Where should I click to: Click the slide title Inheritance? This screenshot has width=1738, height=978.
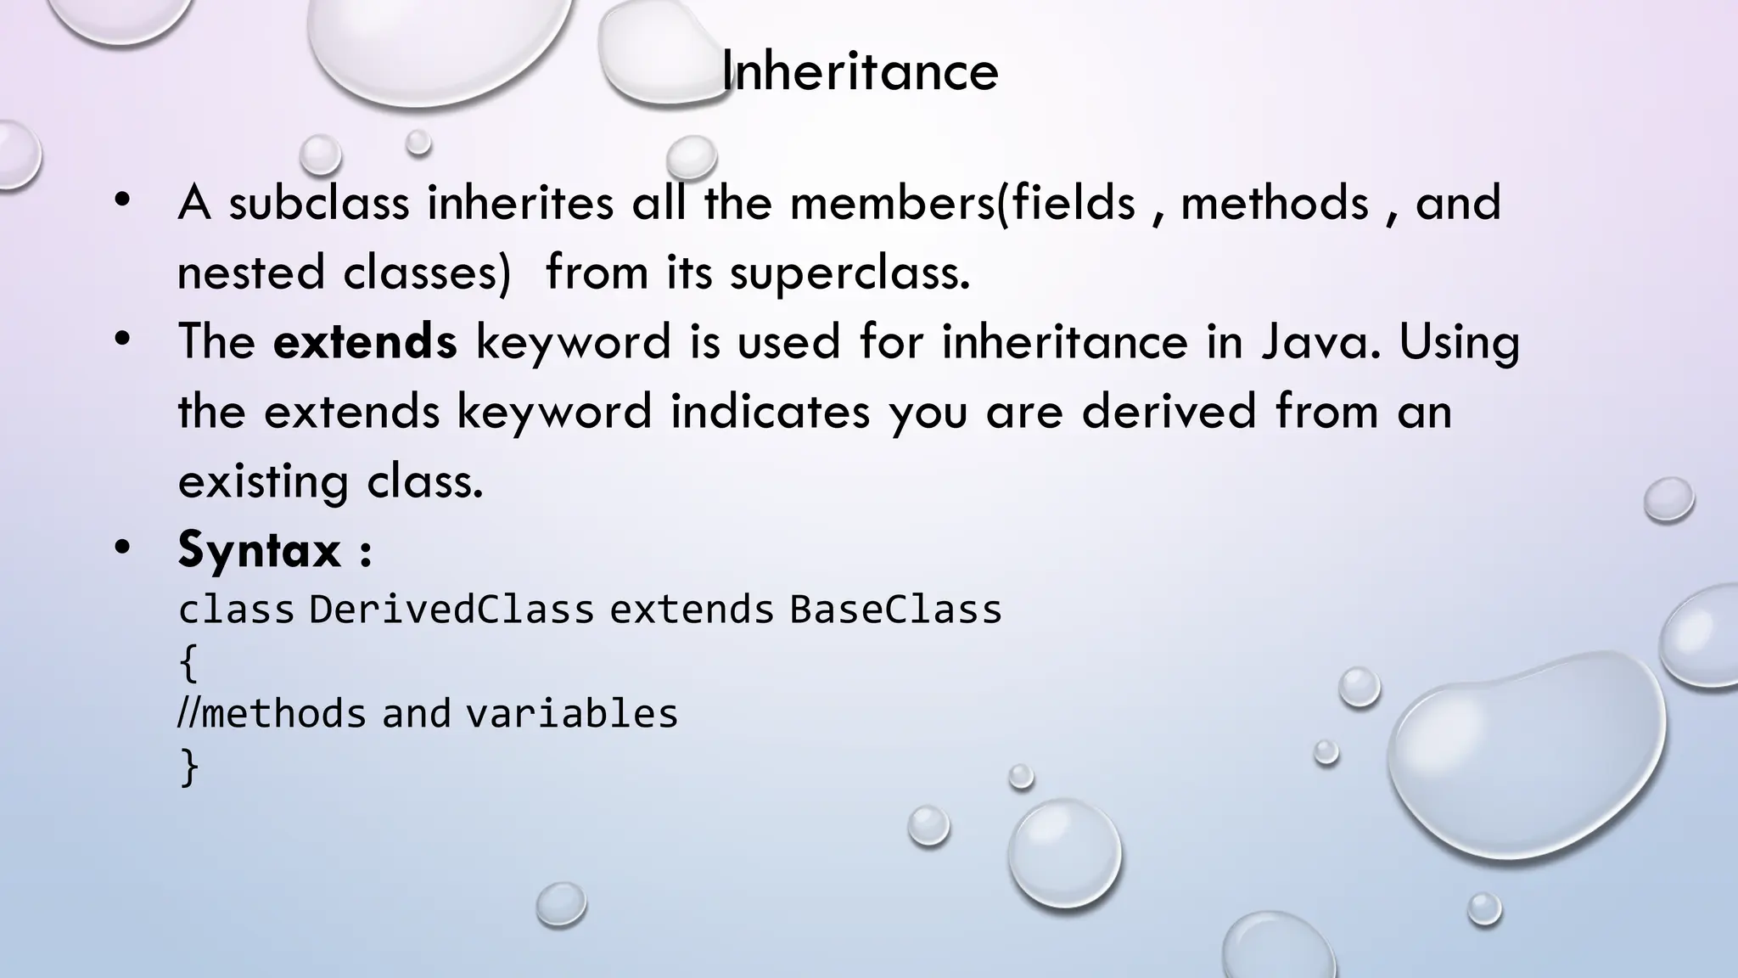click(860, 71)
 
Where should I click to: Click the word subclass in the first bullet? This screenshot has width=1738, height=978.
click(318, 204)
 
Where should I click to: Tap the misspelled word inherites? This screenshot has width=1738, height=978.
click(520, 204)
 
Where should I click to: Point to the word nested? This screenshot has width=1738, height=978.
click(251, 273)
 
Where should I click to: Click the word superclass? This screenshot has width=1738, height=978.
click(849, 273)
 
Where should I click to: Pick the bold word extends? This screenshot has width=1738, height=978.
click(365, 342)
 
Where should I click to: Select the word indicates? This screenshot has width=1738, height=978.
click(771, 412)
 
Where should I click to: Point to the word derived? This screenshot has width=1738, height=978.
click(1169, 412)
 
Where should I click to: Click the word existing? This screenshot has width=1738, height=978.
click(263, 482)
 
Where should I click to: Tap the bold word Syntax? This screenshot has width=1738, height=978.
click(259, 550)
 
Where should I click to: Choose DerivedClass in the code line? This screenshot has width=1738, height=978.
click(451, 610)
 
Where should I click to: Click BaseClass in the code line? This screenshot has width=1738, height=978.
click(895, 610)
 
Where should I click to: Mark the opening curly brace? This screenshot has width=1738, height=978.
click(188, 663)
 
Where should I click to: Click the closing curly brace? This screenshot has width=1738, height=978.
click(188, 767)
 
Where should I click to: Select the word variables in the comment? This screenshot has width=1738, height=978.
click(572, 714)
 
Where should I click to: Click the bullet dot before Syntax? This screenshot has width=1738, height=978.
click(123, 548)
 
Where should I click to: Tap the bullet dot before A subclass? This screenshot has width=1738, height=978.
click(123, 201)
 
